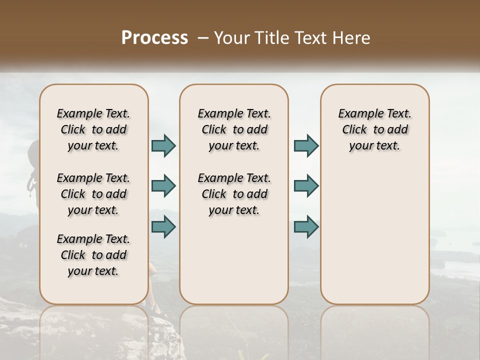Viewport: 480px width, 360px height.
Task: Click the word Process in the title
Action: (154, 38)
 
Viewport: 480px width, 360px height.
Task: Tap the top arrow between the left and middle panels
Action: (163, 145)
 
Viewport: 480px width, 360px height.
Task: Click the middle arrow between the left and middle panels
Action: (163, 186)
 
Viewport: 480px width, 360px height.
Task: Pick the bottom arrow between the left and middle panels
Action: (163, 226)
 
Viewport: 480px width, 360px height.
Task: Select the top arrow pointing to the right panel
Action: (306, 145)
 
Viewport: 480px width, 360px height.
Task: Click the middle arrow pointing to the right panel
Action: (306, 186)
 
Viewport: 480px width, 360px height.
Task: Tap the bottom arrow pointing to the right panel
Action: (306, 226)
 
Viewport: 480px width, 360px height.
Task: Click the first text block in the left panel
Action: (93, 129)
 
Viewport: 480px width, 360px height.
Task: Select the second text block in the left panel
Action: (93, 194)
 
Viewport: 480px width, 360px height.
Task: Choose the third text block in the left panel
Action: (93, 255)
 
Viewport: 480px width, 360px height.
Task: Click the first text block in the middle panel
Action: (234, 129)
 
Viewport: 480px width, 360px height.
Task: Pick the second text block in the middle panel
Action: (234, 194)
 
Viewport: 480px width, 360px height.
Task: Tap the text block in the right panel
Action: (374, 129)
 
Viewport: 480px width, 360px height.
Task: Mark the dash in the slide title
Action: (203, 38)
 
